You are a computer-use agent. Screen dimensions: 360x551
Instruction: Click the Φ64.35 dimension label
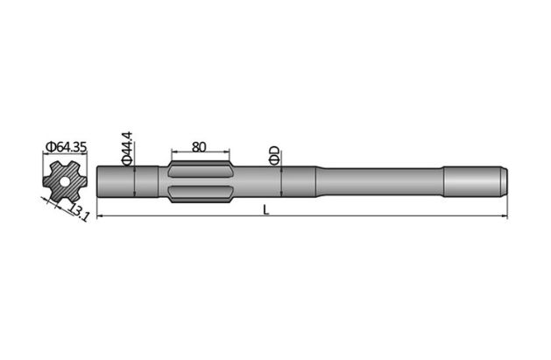66,146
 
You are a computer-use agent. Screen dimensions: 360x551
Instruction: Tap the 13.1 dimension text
79,211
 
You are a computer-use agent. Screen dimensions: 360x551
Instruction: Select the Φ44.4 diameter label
127,147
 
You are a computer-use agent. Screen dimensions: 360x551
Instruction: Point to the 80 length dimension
198,147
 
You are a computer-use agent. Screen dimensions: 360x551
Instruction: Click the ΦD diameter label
274,155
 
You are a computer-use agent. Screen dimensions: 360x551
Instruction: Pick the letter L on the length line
264,210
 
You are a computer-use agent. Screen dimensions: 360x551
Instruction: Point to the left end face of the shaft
98,181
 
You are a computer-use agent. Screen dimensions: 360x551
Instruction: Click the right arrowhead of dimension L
502,215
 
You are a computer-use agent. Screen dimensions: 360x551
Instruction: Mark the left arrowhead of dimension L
100,215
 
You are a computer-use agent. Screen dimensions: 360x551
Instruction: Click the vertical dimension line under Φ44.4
133,181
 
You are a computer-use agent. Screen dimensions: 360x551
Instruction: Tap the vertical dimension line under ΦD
280,181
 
